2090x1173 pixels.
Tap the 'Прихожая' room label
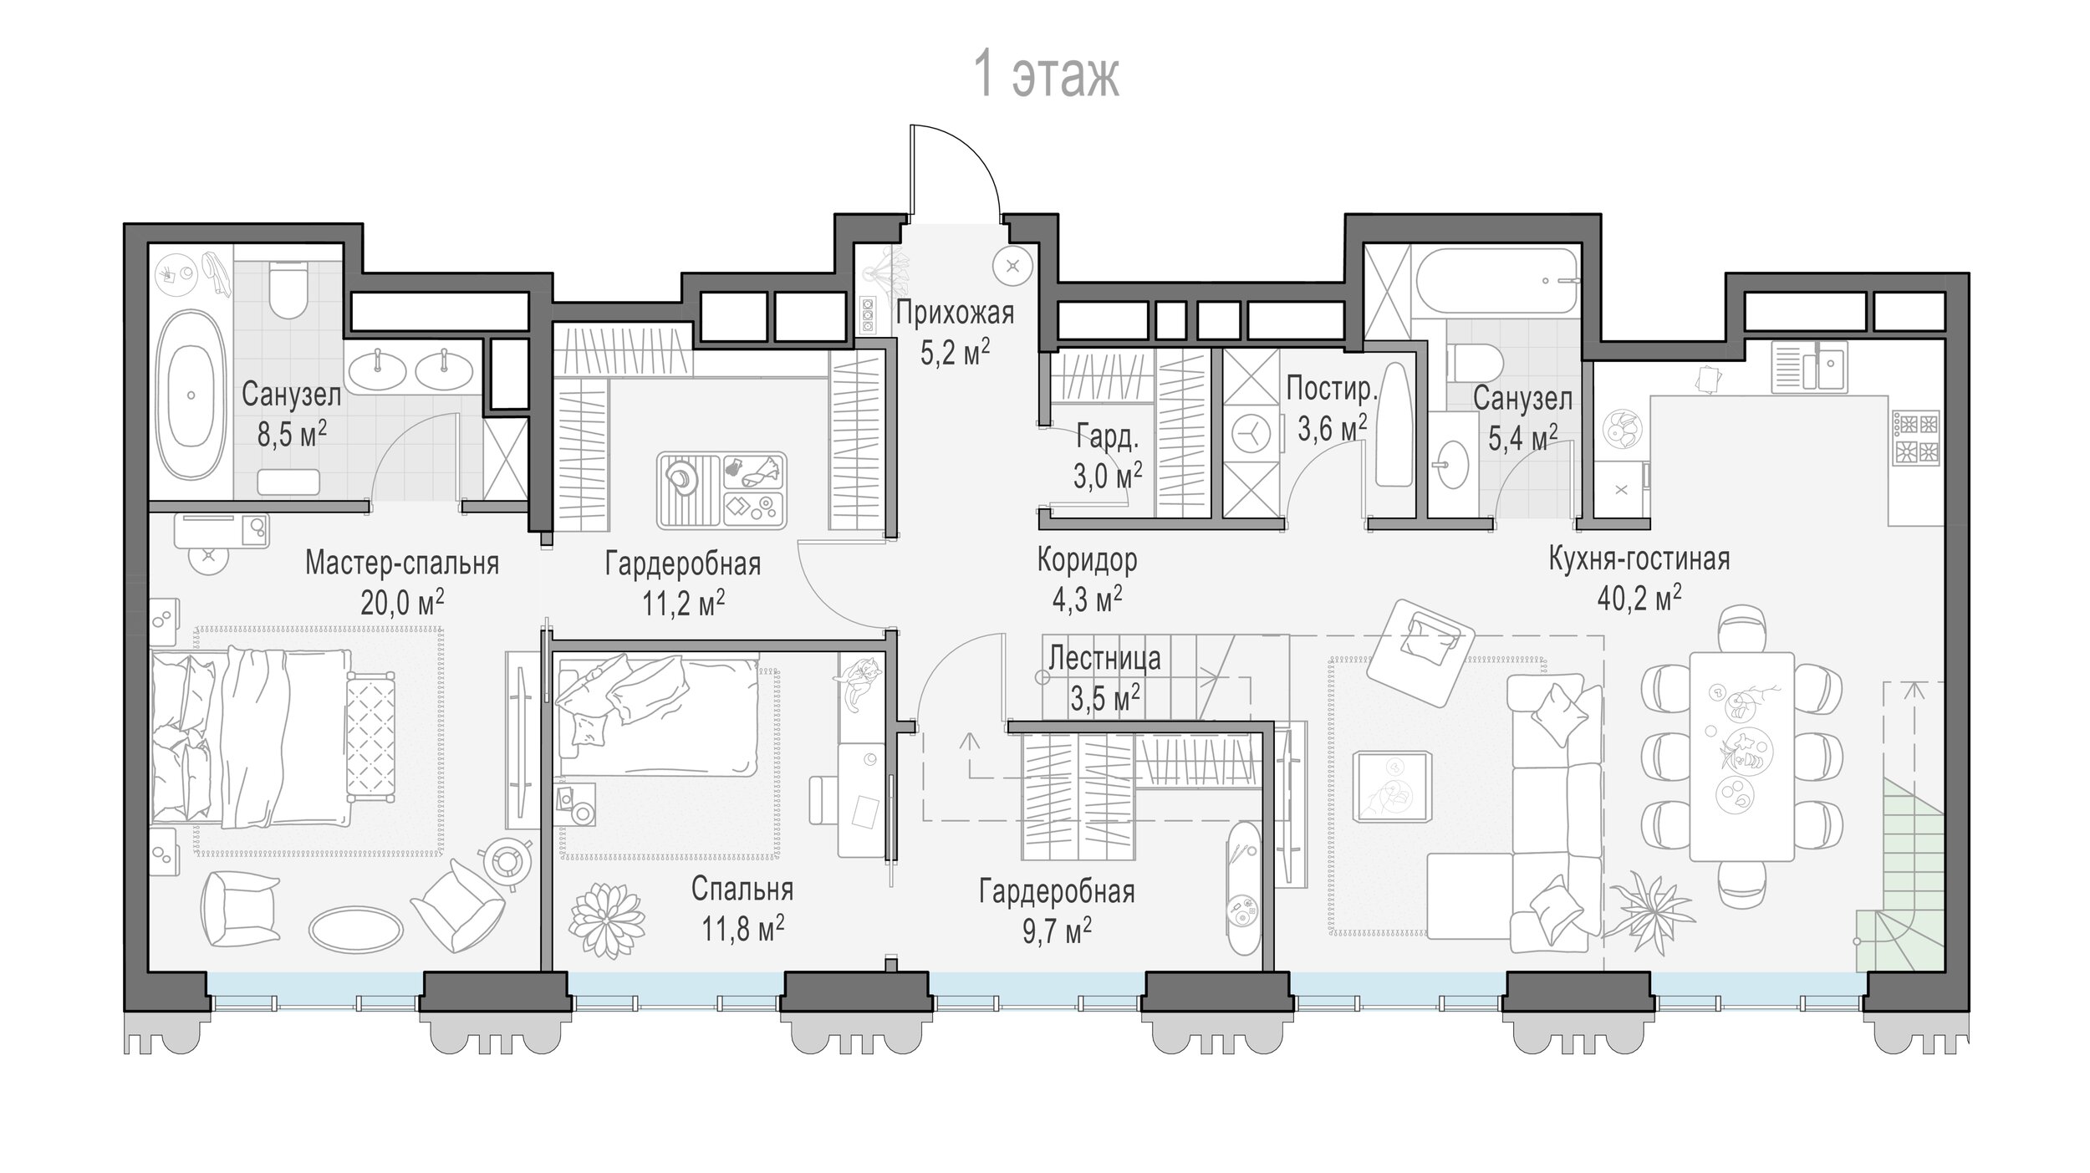pos(955,314)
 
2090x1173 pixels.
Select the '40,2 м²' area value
pos(1639,599)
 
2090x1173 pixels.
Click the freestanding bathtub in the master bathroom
pos(191,395)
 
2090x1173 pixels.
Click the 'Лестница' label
pos(1104,659)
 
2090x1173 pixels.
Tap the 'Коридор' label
pos(1087,559)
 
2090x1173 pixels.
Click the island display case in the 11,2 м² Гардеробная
pos(721,491)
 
